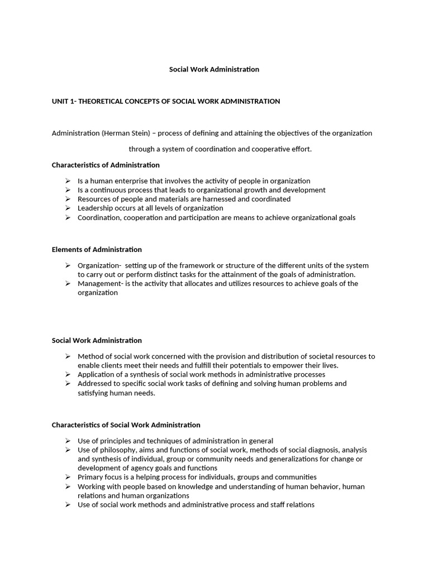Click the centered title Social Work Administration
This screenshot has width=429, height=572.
pyautogui.click(x=214, y=69)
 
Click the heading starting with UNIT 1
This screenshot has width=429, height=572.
pyautogui.click(x=166, y=101)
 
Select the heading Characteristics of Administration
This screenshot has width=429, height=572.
pyautogui.click(x=106, y=165)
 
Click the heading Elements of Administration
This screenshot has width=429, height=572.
pyautogui.click(x=97, y=249)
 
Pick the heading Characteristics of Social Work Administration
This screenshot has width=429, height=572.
pyautogui.click(x=126, y=425)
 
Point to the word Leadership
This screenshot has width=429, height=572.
pyautogui.click(x=95, y=208)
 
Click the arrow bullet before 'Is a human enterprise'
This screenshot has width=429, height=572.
pyautogui.click(x=68, y=180)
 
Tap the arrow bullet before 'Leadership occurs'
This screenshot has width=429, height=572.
pyautogui.click(x=68, y=208)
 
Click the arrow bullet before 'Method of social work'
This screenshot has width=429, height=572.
pyautogui.click(x=68, y=356)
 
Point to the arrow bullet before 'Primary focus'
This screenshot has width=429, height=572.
pyautogui.click(x=68, y=476)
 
